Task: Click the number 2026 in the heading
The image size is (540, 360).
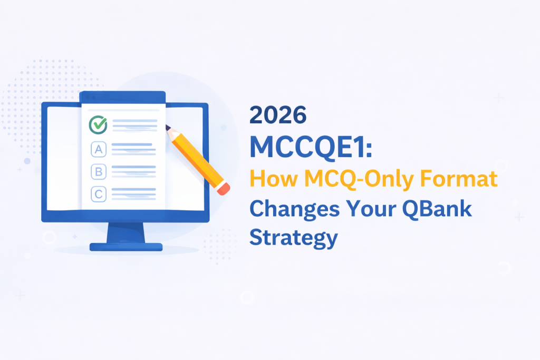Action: click(x=277, y=115)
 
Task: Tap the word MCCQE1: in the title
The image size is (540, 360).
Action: click(x=311, y=147)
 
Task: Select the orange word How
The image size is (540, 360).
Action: click(x=274, y=178)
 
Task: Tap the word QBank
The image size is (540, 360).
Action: click(x=437, y=209)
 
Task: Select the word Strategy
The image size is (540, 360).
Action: click(x=293, y=238)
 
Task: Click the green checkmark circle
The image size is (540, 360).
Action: click(x=98, y=124)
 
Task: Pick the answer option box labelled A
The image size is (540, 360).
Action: click(x=99, y=149)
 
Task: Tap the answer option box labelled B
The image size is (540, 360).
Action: click(x=99, y=172)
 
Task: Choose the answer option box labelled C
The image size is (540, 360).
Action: click(x=99, y=194)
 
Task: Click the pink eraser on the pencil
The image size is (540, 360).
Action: click(x=224, y=189)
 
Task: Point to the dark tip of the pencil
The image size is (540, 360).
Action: click(x=168, y=128)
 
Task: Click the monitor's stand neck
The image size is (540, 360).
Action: click(x=126, y=232)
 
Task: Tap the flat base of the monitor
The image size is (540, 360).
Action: click(x=126, y=247)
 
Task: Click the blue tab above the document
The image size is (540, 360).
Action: click(x=122, y=97)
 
